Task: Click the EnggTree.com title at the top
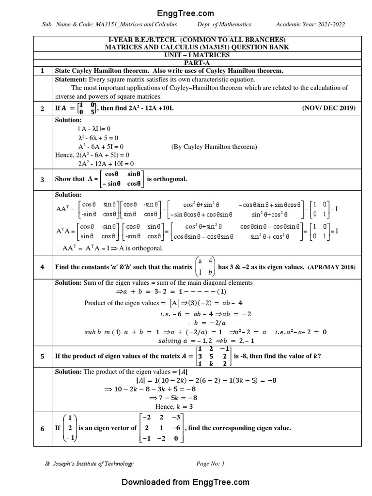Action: pos(186,14)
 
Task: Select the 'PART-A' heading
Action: pos(195,63)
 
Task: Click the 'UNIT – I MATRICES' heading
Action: pos(195,55)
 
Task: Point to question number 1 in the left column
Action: pos(42,71)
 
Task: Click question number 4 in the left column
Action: pos(42,267)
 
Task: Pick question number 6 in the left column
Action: pos(42,428)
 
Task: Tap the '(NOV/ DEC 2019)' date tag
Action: pos(328,108)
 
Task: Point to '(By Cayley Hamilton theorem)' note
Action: pos(214,146)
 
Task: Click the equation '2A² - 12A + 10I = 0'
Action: pos(106,164)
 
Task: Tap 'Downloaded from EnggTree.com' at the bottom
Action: pos(186,482)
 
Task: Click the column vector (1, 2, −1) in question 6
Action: pos(70,428)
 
